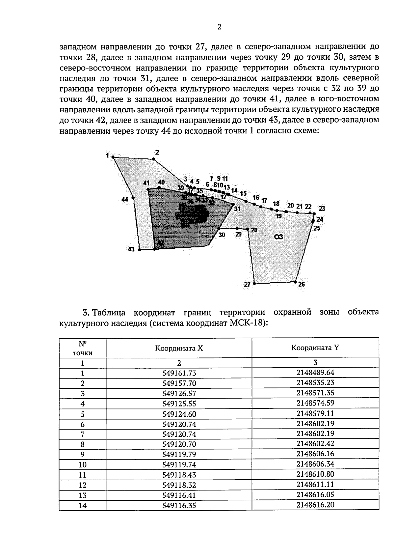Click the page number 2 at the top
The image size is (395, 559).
tap(219, 27)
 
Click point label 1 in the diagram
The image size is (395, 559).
tap(107, 155)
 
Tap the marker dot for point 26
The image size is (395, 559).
tap(295, 282)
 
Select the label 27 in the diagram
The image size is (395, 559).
tap(247, 284)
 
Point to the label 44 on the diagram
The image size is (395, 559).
tap(125, 199)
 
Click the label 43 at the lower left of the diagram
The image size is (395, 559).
tap(131, 249)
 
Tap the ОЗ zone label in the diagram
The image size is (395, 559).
tap(278, 237)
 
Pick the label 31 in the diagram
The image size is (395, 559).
tap(237, 209)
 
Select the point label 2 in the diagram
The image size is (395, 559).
tap(157, 152)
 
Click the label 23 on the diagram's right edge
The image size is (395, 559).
tap(322, 208)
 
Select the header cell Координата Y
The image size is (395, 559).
tap(315, 348)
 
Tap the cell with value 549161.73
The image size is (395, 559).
tap(179, 373)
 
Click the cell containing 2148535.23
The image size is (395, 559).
tap(315, 383)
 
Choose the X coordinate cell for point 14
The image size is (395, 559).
tap(179, 505)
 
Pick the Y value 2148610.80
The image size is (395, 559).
tap(315, 474)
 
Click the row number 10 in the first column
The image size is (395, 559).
tap(83, 465)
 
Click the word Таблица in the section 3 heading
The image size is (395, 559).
tap(107, 312)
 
